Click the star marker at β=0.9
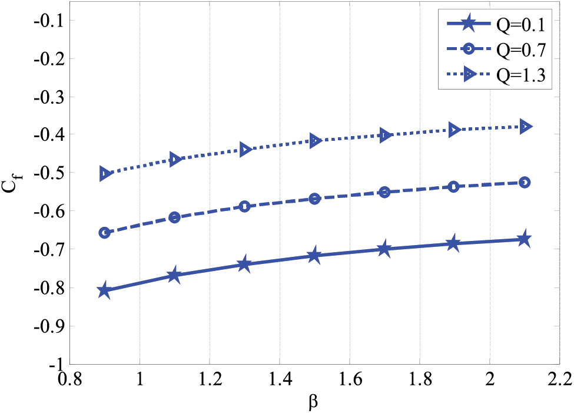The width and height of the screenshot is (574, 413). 105,290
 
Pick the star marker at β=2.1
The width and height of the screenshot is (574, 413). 524,239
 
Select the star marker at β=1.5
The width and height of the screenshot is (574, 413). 314,255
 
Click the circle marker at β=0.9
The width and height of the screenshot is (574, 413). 105,233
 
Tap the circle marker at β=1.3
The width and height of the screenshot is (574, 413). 244,206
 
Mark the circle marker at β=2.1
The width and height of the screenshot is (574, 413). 524,183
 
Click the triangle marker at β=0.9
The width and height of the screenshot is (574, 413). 105,174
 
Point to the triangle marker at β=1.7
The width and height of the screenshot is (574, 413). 384,135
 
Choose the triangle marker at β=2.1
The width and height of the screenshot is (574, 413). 524,126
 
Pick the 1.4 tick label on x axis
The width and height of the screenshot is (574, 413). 279,379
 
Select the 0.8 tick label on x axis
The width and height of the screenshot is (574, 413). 70,379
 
